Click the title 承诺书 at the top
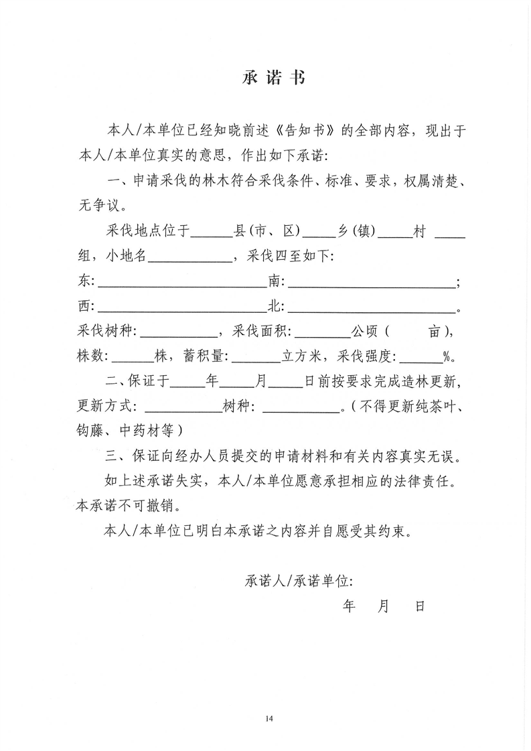(x=273, y=78)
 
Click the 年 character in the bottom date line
(x=349, y=606)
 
